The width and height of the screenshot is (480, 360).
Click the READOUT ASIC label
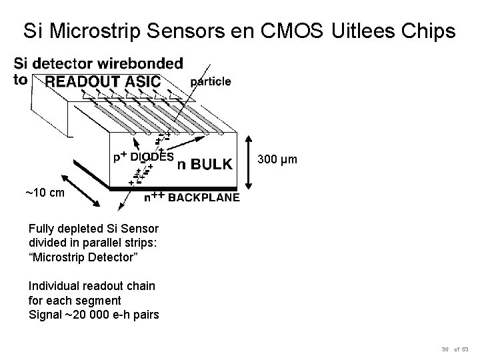tap(102, 81)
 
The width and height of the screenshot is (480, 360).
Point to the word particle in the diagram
tap(211, 81)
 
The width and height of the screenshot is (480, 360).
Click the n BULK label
tap(205, 163)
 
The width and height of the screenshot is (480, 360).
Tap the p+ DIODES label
tap(143, 157)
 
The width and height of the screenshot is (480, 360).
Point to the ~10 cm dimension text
tap(45, 193)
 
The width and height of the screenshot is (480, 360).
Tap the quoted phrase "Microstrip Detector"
tap(84, 257)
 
